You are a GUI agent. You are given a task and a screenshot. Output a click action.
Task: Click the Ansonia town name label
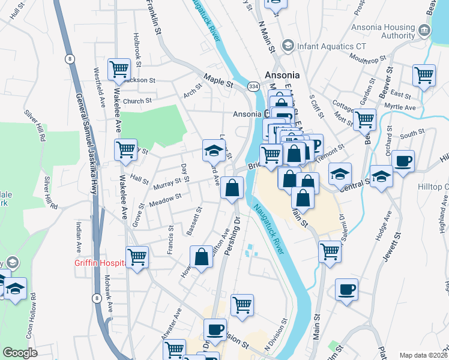click(x=283, y=76)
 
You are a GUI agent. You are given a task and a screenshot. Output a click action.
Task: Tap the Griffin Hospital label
click(x=100, y=263)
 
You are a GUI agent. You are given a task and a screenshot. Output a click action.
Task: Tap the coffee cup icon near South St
click(x=403, y=161)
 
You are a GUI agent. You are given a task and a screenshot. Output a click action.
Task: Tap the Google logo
click(x=20, y=352)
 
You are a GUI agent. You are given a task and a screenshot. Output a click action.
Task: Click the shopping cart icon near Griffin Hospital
click(x=137, y=257)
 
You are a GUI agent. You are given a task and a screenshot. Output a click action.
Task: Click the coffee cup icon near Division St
click(x=215, y=329)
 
